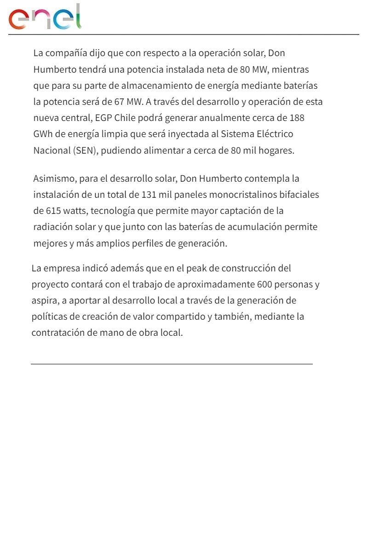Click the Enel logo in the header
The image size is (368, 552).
(x=45, y=17)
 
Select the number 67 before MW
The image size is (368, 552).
(x=120, y=102)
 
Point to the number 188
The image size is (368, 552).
(x=297, y=118)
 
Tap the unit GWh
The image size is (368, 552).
(x=43, y=134)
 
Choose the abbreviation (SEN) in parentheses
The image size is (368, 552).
(x=85, y=150)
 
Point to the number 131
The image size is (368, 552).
(x=149, y=195)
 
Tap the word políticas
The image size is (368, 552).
(x=47, y=316)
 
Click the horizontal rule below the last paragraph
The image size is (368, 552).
(x=172, y=364)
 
